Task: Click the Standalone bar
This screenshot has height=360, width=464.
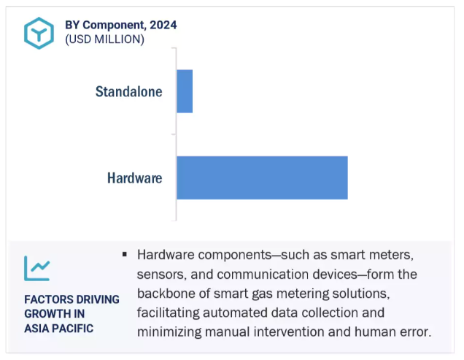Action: pos(185,91)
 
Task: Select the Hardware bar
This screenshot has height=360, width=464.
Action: pos(262,177)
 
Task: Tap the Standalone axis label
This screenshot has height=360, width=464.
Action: pos(128,91)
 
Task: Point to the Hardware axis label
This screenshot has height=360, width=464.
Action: pos(135,178)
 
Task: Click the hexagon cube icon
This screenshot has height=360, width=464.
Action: pos(39,33)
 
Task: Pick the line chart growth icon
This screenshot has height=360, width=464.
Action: pos(37,268)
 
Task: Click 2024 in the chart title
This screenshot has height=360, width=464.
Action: pos(163,25)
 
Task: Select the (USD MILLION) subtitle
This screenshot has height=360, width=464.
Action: pos(105,39)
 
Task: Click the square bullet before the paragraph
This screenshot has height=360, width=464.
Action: pos(125,254)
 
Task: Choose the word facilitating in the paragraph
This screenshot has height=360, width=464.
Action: pos(168,313)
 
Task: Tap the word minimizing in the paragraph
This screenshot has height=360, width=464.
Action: pos(169,332)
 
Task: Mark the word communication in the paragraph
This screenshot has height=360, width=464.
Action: pos(287,275)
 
